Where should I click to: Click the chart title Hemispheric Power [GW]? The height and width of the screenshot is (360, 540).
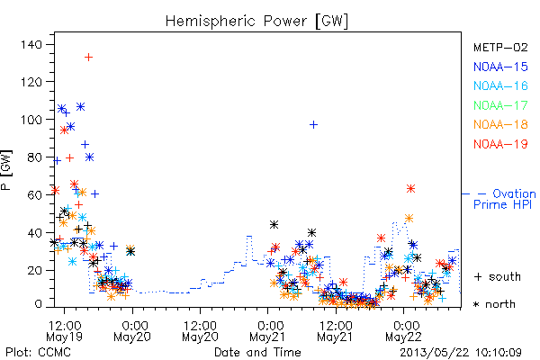(x=256, y=22)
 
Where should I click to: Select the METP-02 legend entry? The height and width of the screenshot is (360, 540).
(x=500, y=47)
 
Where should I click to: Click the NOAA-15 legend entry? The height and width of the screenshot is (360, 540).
(x=500, y=67)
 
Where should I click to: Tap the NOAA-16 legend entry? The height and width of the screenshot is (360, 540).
(x=500, y=85)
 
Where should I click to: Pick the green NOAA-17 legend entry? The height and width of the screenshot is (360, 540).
(x=500, y=105)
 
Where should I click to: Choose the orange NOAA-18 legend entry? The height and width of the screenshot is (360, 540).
(x=500, y=124)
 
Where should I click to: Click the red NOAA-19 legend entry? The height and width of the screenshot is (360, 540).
(x=500, y=144)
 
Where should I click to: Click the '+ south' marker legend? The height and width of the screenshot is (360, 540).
(x=498, y=276)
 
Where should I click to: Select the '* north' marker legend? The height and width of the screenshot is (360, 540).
(x=494, y=304)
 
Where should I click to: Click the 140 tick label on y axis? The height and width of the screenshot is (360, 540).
(x=31, y=44)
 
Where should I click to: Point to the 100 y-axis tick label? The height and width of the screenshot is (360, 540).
(x=31, y=120)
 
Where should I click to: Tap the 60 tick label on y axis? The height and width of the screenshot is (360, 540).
(x=34, y=195)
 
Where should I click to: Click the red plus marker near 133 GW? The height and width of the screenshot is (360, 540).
(x=88, y=57)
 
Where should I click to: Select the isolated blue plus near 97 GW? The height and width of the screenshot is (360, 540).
(x=313, y=124)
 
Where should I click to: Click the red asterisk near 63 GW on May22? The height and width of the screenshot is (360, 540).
(x=410, y=188)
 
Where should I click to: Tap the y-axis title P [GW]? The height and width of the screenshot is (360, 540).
(x=6, y=170)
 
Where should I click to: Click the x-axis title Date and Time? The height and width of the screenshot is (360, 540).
(x=257, y=352)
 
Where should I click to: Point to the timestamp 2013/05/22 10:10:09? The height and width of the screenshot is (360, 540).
(x=461, y=353)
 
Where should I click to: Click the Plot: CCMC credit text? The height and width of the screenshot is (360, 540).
(x=38, y=353)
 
